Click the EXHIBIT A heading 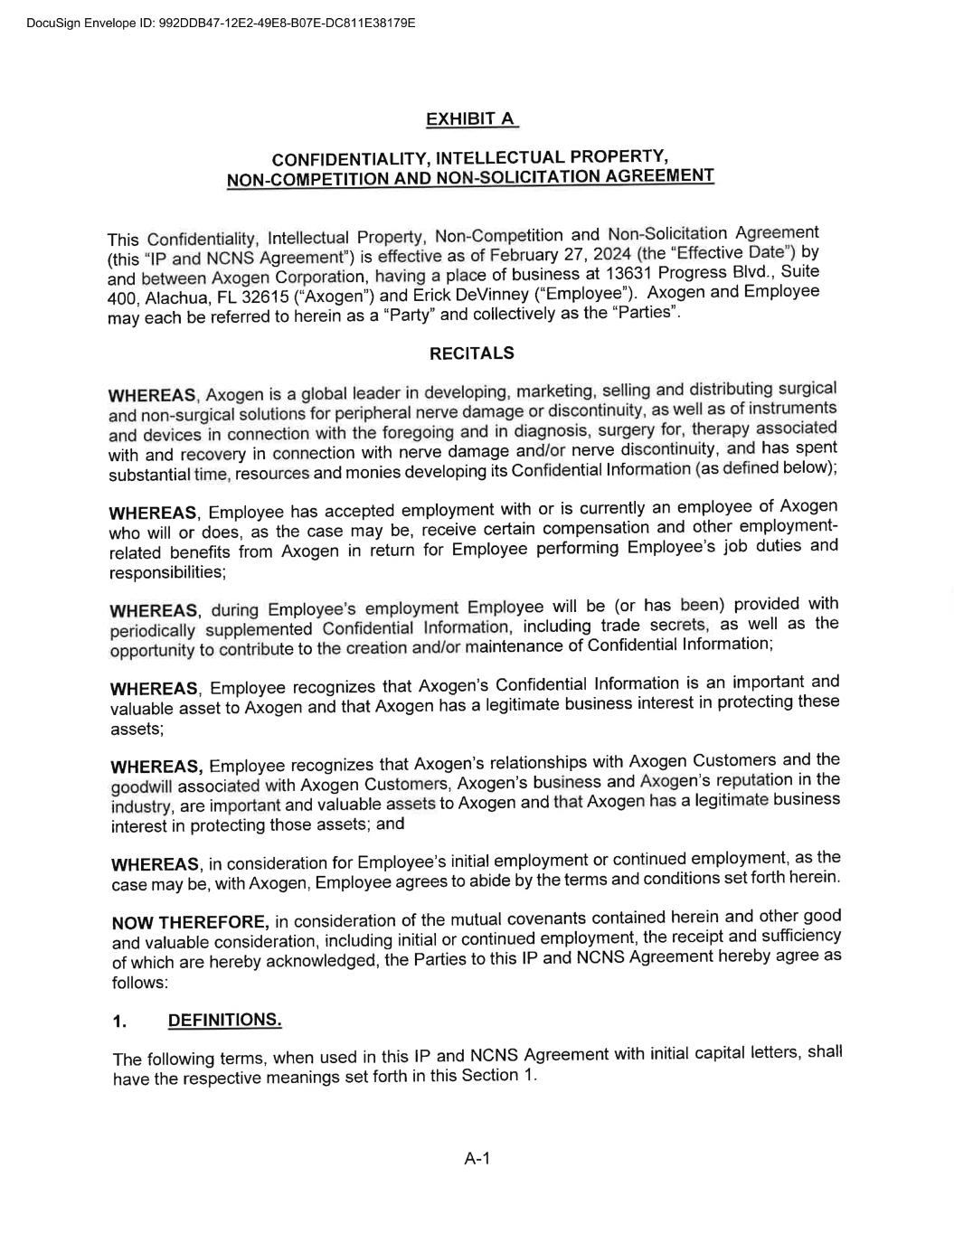tap(471, 119)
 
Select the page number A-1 tap(477, 1158)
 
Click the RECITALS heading tap(471, 353)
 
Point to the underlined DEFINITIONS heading tap(224, 1020)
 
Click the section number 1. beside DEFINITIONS tap(119, 1022)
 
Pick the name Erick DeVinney tap(470, 295)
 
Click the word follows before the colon tap(138, 983)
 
